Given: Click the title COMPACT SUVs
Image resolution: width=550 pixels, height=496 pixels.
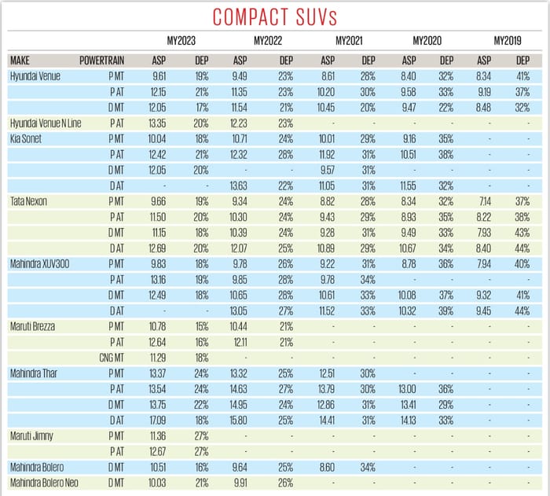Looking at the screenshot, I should click(x=275, y=18).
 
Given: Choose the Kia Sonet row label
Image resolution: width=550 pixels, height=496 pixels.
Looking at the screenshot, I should click(x=27, y=138).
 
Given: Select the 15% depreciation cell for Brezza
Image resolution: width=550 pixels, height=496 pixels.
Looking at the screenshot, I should click(x=200, y=325).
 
